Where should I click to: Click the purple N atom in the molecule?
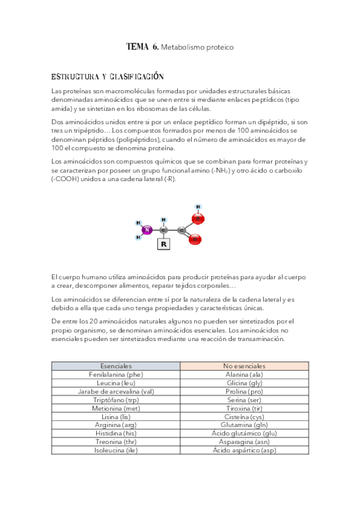147,229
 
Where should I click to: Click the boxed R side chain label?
163,244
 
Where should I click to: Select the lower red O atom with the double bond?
195,240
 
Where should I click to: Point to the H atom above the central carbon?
163,220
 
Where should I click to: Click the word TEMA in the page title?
137,46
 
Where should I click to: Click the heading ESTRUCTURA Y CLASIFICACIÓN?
108,77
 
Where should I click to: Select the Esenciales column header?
116,366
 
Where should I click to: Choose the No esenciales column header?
244,366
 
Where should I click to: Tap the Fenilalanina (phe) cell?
116,374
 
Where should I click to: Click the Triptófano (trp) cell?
116,399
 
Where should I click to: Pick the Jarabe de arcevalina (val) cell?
116,391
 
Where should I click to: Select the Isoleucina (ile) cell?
116,450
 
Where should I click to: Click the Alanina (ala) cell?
244,374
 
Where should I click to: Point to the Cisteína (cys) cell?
244,416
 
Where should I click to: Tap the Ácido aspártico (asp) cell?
244,450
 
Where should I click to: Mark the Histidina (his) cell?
116,433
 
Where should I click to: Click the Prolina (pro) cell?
244,391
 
